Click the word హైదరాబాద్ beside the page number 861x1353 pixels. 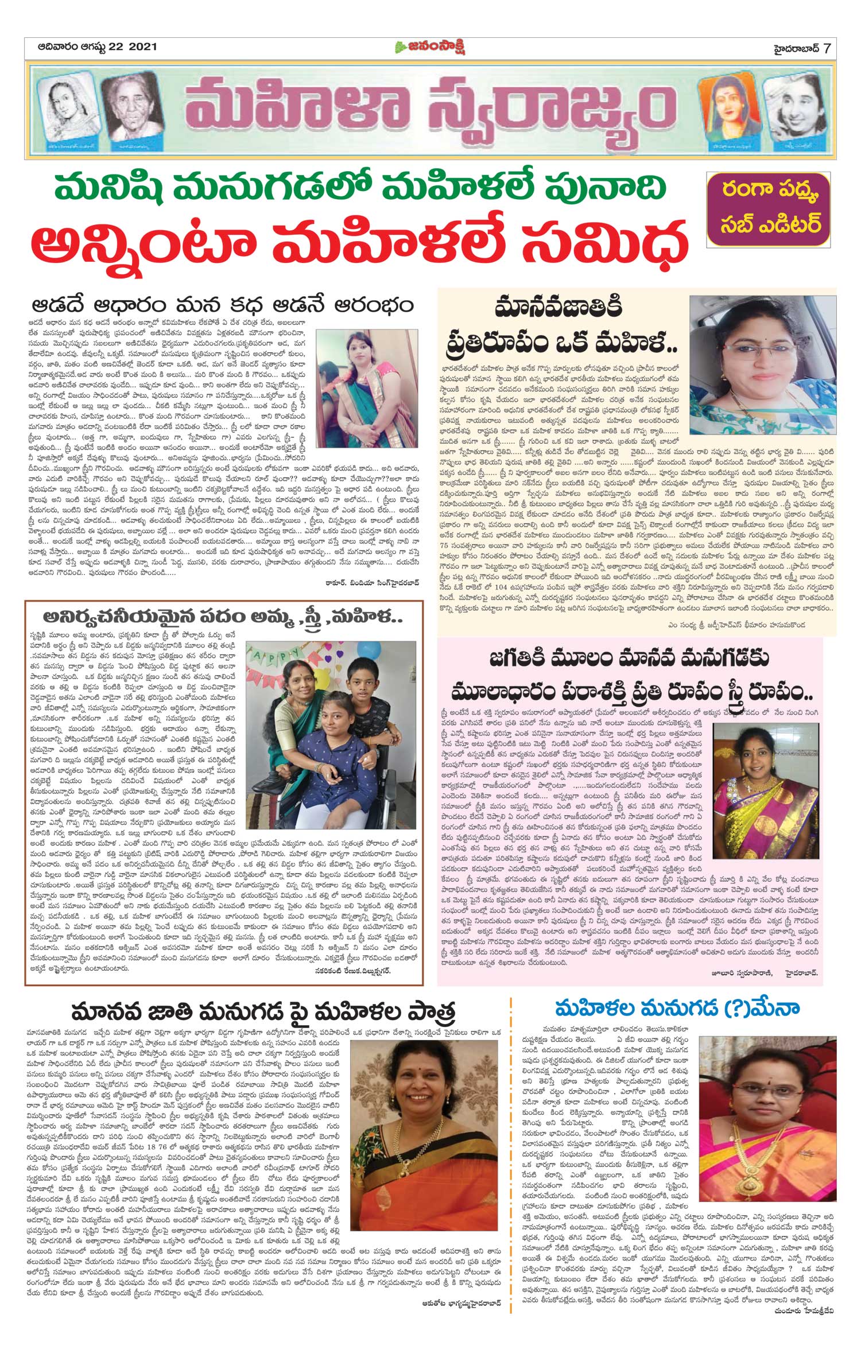[x=793, y=48]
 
